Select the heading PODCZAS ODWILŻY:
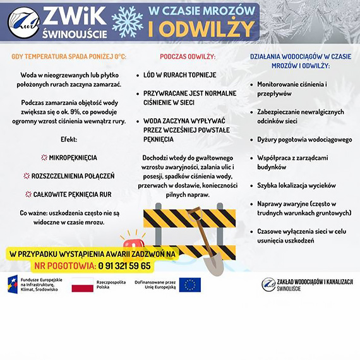[x=188, y=57]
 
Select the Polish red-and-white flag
[x=82, y=285]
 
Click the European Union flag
[x=189, y=285]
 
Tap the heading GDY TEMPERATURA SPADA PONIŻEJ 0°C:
[x=69, y=57]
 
